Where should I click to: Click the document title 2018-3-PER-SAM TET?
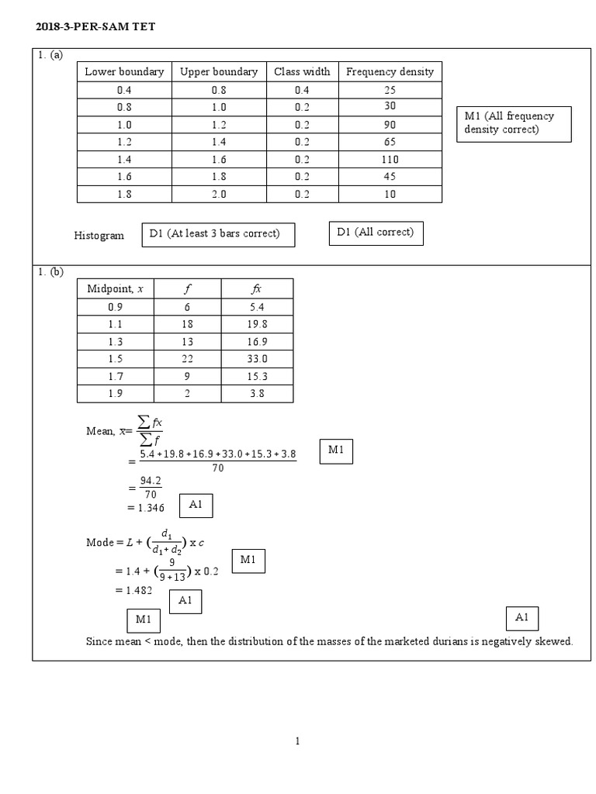95,28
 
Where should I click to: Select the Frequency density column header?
390,71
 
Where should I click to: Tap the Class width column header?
302,71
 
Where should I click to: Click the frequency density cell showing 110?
390,159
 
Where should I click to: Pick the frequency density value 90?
390,124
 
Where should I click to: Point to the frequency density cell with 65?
390,142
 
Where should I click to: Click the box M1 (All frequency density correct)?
515,123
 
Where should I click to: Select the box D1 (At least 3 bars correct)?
218,234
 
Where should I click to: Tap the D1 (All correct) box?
376,233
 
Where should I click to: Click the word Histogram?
99,236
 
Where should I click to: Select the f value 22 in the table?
187,359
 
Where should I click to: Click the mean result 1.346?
146,507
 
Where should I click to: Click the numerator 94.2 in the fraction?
150,481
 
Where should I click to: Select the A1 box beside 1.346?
196,506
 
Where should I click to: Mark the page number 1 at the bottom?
297,741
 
